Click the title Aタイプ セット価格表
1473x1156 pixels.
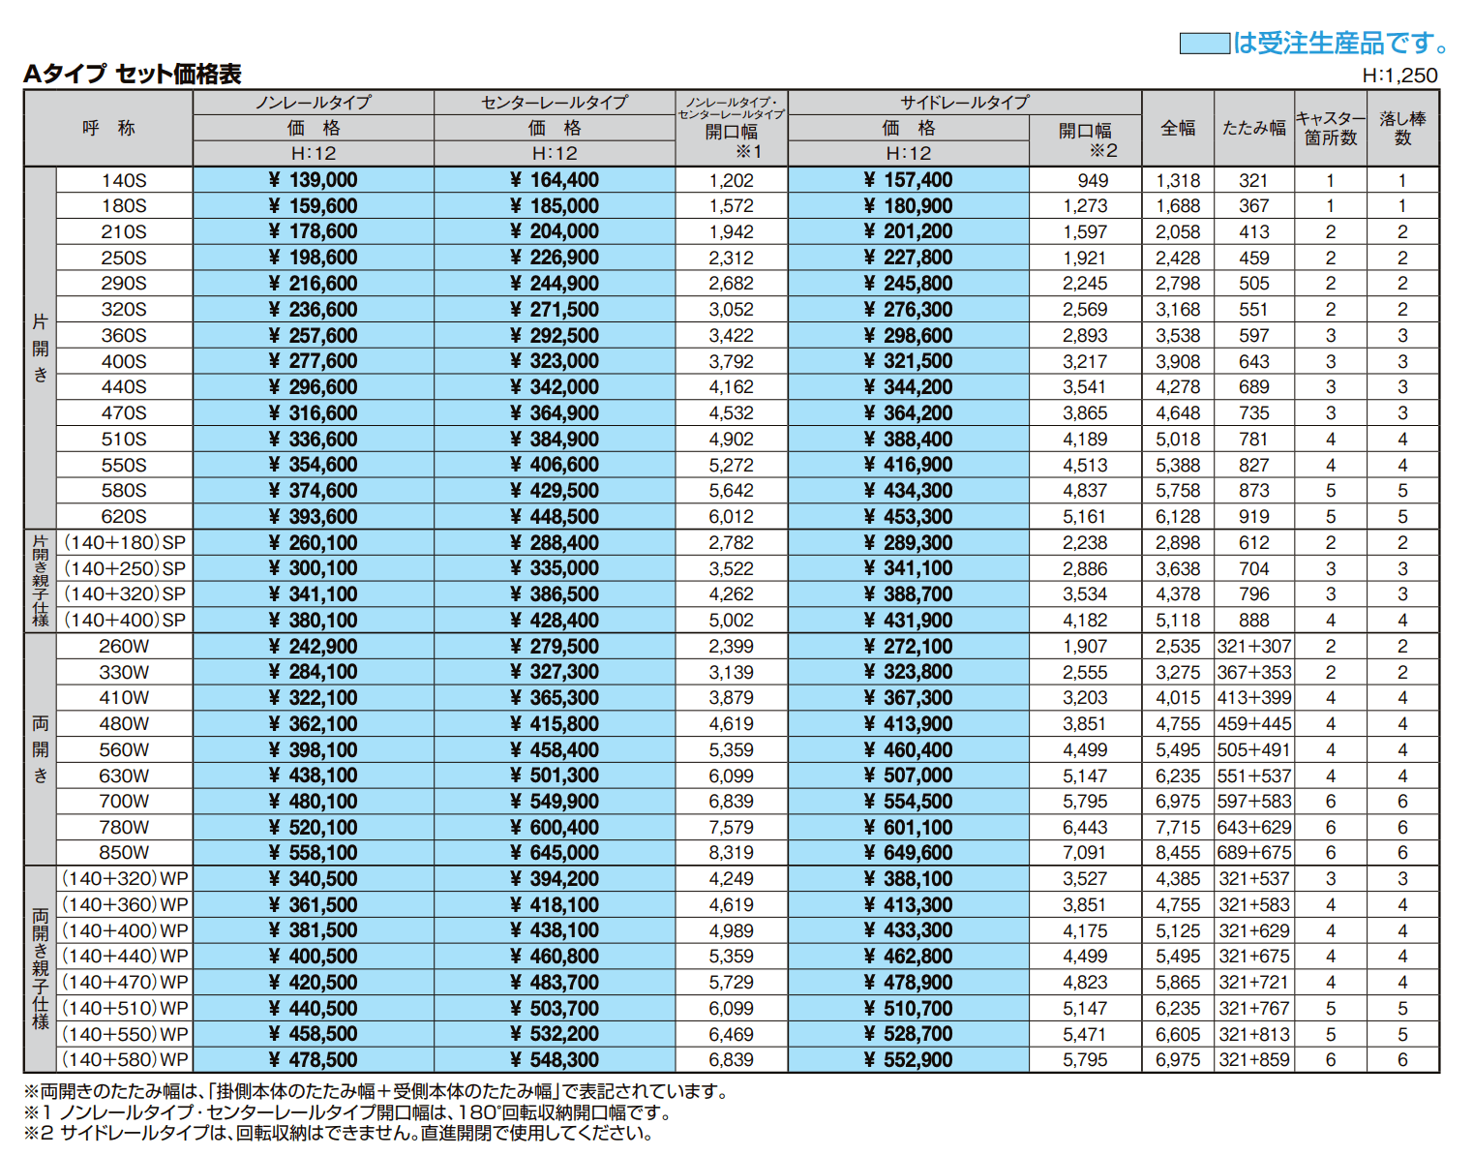(133, 74)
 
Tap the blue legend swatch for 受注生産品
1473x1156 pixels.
(1204, 44)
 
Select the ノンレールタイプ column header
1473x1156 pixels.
(313, 103)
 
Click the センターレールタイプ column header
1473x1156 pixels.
(555, 103)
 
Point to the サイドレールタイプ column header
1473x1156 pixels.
(965, 103)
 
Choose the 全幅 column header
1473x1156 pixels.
(1178, 128)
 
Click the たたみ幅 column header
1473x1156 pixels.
(1253, 128)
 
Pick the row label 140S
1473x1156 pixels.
(124, 180)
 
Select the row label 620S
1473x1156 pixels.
(124, 517)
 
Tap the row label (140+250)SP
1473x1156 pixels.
(124, 568)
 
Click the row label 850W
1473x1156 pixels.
(124, 853)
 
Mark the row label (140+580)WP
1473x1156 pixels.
(125, 1060)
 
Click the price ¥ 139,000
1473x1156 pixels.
(313, 180)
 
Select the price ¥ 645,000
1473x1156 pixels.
(555, 853)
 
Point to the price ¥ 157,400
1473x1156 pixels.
(908, 180)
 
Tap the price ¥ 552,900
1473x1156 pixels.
(908, 1060)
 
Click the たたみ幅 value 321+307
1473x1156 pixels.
(1254, 647)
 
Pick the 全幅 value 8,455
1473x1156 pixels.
(1178, 853)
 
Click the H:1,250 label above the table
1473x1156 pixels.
(1399, 76)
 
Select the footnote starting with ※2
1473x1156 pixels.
(339, 1133)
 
